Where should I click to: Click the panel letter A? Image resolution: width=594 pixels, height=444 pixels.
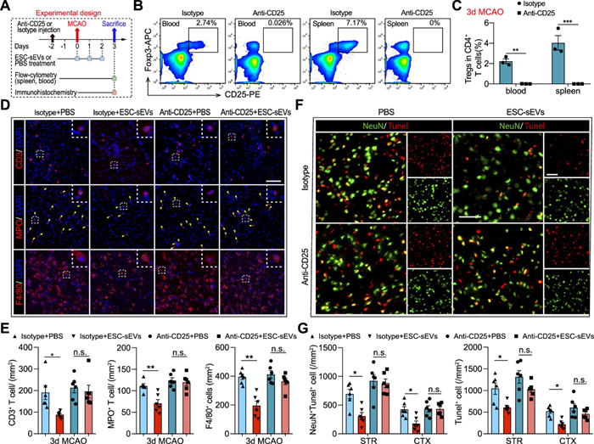click(7, 8)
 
